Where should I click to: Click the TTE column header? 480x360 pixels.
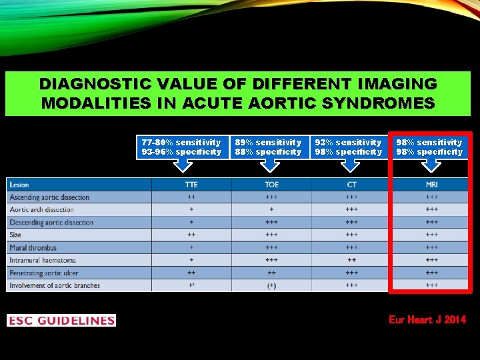click(191, 184)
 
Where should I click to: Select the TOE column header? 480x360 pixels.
click(271, 184)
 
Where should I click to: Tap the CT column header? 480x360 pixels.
click(351, 184)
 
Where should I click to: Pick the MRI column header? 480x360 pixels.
click(431, 184)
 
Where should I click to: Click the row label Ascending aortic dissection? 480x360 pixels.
click(49, 197)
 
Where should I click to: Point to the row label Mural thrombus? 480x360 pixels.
click(33, 248)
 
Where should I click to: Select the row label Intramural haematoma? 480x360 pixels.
click(43, 260)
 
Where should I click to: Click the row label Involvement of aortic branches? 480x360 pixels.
click(55, 285)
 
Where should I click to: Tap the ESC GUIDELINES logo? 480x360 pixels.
click(61, 321)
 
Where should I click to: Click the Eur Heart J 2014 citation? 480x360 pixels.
click(427, 321)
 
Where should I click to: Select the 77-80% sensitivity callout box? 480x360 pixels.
click(181, 147)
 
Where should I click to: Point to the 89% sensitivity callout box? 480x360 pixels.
click(268, 147)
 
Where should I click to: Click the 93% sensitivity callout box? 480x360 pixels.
click(349, 147)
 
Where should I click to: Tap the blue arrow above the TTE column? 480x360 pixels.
click(181, 168)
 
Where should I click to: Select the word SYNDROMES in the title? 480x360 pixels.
click(378, 103)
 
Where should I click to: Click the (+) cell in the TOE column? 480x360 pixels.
click(271, 285)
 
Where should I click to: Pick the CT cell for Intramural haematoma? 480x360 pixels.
click(351, 260)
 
